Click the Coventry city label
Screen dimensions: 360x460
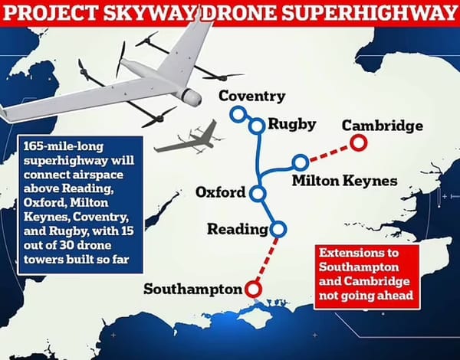(x=251, y=97)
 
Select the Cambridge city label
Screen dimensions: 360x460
(x=382, y=125)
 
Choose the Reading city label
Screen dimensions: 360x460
(x=236, y=229)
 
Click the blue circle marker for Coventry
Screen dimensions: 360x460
(x=238, y=113)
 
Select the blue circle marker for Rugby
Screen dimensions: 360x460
(x=257, y=126)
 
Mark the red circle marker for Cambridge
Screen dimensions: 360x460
(x=357, y=142)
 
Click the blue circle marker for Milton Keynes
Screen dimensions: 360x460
(x=301, y=162)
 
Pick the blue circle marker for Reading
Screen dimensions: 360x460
(x=278, y=228)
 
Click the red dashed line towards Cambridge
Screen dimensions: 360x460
(x=329, y=152)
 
